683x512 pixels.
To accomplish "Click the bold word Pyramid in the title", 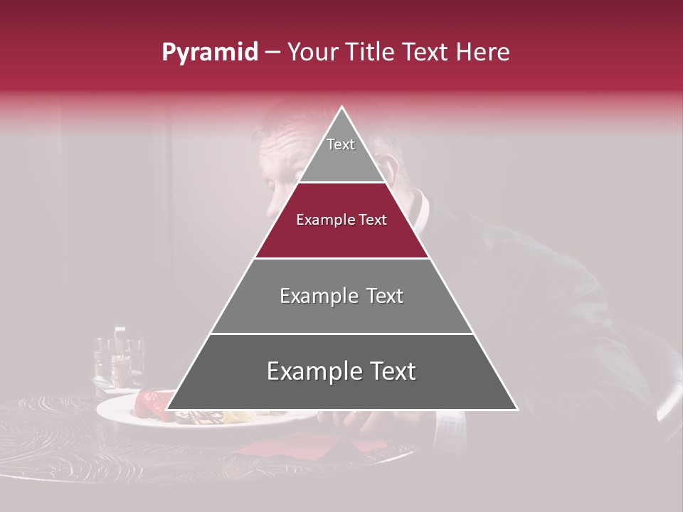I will click(x=209, y=53).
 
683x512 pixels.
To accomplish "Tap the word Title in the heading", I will click(x=373, y=53).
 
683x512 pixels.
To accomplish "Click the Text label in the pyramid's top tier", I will click(x=341, y=144).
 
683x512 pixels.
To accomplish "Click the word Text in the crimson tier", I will click(x=372, y=220).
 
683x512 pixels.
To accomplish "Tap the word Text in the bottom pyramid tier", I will click(x=391, y=372).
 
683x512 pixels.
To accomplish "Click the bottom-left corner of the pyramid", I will click(x=167, y=409).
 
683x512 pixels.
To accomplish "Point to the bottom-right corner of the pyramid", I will click(x=517, y=409).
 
